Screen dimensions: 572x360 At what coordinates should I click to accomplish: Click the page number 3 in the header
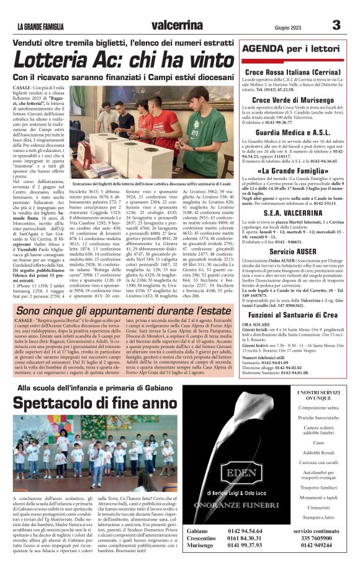tap(336, 25)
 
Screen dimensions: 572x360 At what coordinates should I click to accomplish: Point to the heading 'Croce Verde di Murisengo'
tap(292, 100)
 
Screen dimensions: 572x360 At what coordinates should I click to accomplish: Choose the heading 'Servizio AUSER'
tap(292, 251)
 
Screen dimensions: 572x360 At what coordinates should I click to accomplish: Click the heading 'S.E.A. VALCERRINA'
tap(292, 213)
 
